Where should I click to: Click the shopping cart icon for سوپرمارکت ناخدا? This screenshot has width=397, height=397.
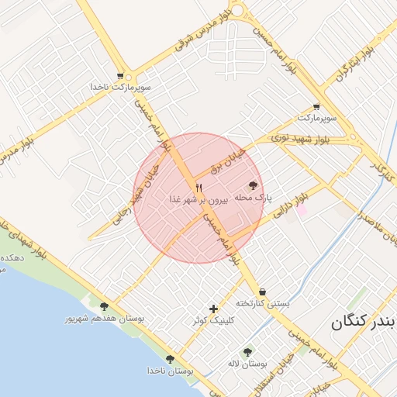pos(120,76)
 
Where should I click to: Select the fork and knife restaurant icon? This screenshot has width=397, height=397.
pos(198,188)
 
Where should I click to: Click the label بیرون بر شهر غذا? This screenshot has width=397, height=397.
pos(198,199)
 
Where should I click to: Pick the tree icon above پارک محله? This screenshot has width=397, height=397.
pos(252,186)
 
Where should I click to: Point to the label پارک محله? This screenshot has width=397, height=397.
pos(252,198)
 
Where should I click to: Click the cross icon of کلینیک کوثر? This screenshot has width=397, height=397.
pos(213,309)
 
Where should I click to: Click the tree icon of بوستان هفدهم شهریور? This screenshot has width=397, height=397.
pos(104,307)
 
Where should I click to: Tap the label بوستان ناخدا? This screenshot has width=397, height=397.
pos(170,371)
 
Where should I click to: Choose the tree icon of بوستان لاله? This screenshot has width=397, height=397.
pos(247,352)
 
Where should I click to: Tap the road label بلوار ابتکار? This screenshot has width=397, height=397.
pos(357,62)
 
